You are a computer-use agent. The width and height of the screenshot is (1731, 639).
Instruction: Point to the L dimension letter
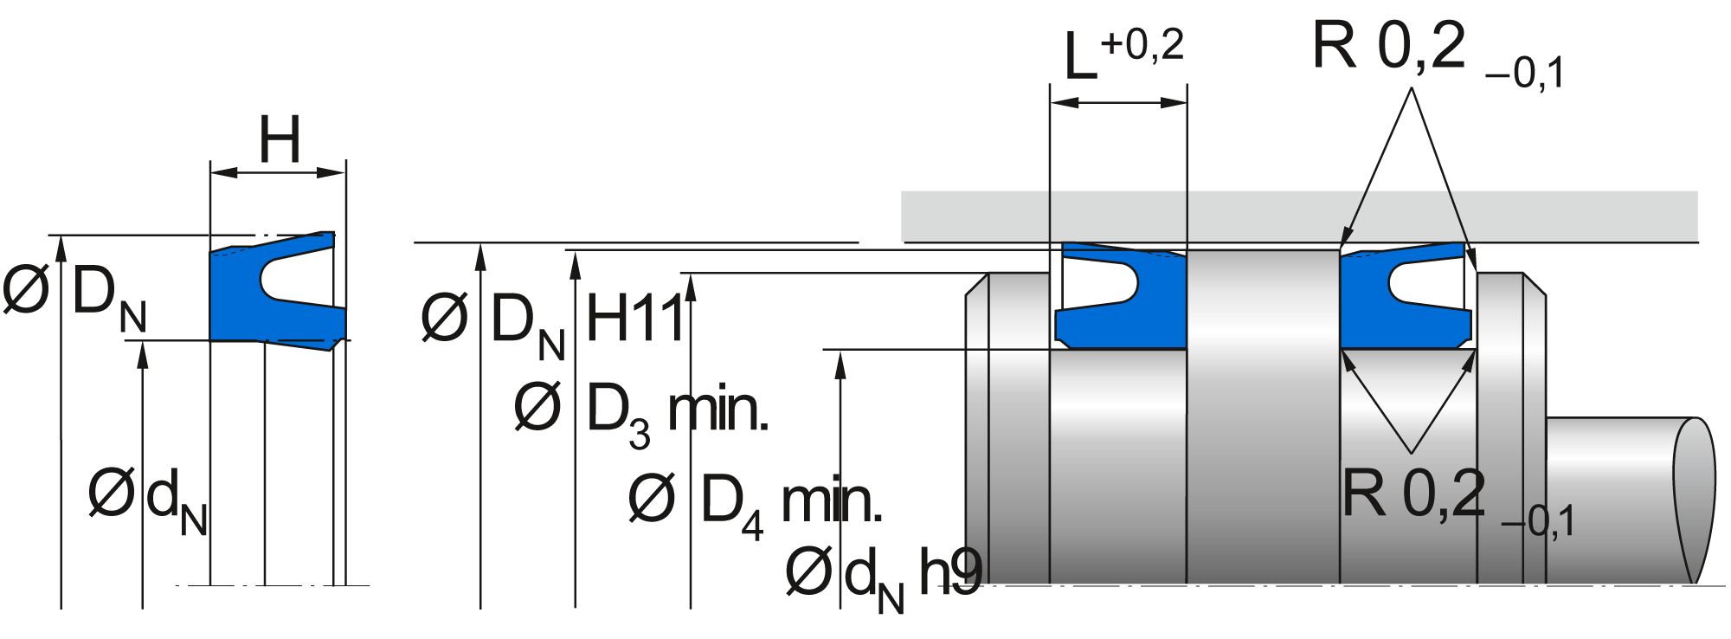pos(1080,58)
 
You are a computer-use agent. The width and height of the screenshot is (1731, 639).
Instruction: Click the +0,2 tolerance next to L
pos(1142,45)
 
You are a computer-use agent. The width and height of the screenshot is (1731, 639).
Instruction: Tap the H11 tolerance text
pos(635,319)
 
